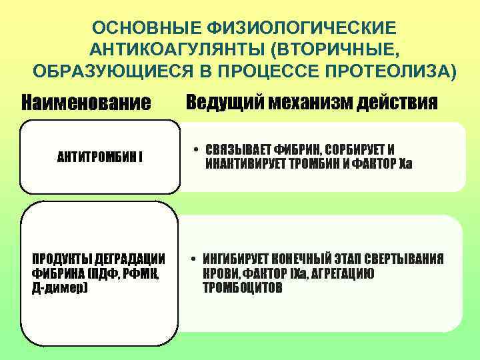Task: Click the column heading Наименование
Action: [x=86, y=103]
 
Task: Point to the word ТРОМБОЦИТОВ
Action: [x=243, y=288]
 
